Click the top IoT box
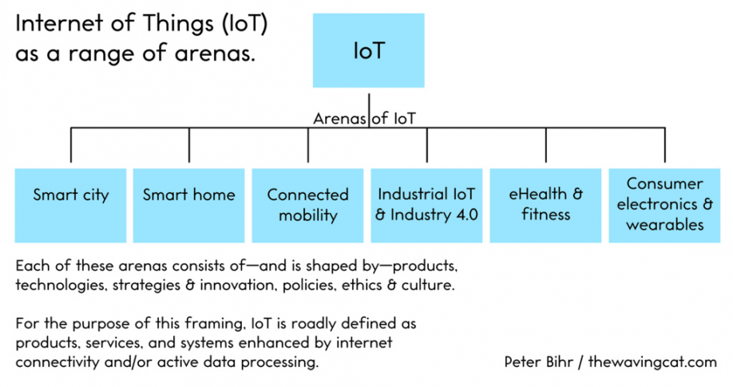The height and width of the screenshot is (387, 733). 368,50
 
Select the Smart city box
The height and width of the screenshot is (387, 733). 70,206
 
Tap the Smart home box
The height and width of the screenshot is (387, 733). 189,206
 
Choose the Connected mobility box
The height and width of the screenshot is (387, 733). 307,206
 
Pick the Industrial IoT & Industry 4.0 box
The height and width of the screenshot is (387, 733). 426,206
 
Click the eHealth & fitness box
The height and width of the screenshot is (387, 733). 545,206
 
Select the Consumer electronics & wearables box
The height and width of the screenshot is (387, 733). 664,206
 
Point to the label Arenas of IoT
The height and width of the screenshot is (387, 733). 364,119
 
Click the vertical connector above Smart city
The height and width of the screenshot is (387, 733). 71,145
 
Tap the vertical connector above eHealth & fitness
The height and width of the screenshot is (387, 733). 546,145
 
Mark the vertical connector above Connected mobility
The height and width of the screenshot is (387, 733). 308,145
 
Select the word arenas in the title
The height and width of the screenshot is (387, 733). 215,53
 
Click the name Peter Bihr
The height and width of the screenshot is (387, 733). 539,361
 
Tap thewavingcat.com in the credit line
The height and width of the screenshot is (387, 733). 652,361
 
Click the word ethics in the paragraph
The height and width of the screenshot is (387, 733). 362,285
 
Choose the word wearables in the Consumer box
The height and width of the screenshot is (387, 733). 665,225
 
